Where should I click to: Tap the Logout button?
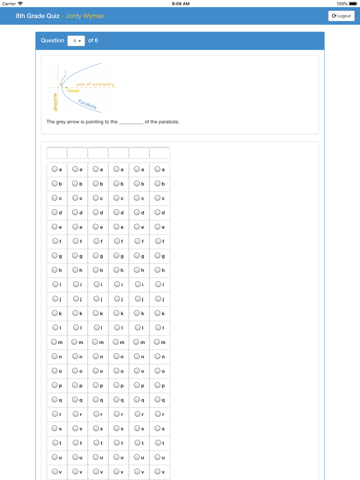[x=341, y=16]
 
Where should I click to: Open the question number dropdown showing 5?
[x=76, y=41]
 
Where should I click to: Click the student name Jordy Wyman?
[x=85, y=16]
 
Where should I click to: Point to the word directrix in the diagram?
[x=55, y=102]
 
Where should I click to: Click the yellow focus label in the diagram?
[x=73, y=91]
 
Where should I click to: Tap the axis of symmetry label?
[x=95, y=84]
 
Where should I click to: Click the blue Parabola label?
[x=87, y=104]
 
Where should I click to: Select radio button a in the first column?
[x=55, y=169]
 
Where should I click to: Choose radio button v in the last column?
[x=158, y=471]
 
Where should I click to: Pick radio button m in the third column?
[x=95, y=342]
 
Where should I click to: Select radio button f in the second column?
[x=76, y=241]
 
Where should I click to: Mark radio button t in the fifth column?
[x=137, y=443]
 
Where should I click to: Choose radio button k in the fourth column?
[x=116, y=313]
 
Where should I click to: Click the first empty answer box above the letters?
[x=57, y=153]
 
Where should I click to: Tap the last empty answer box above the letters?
[x=160, y=153]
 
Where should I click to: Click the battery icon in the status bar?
[x=353, y=4]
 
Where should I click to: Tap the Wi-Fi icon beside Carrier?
[x=21, y=4]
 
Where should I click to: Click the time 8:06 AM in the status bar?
[x=180, y=4]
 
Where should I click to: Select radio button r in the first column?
[x=55, y=414]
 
